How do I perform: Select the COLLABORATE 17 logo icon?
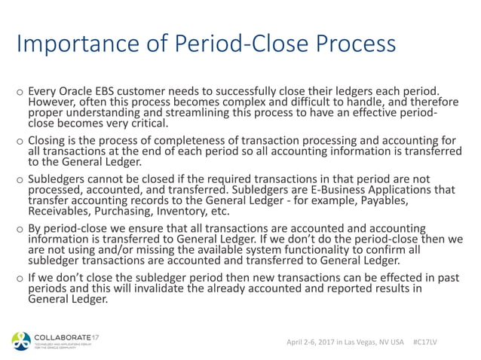click(20, 341)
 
